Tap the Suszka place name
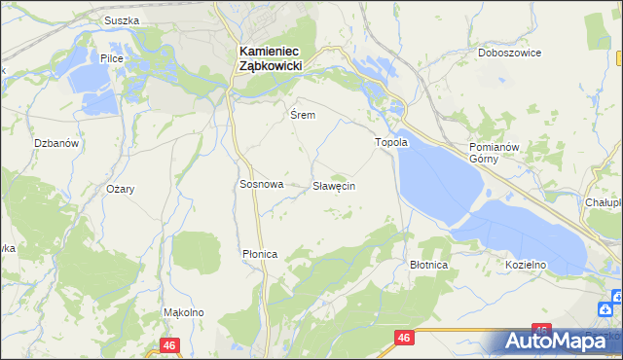[x=122, y=20]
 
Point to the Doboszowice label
[x=509, y=54]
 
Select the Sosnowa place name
[x=261, y=184]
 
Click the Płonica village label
[x=260, y=254]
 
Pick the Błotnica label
[x=428, y=265]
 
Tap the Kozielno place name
[x=525, y=265]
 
